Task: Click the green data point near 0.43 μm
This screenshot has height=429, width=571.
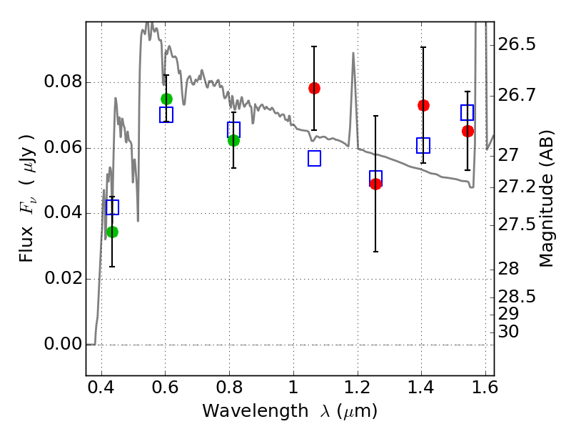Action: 112,232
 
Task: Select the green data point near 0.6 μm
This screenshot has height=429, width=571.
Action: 166,99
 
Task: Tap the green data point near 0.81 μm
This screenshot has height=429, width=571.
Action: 233,140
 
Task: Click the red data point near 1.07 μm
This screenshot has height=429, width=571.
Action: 314,88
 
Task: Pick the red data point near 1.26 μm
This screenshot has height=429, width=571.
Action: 375,184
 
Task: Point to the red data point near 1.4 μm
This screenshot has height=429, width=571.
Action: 423,105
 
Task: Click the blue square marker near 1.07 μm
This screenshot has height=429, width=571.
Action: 314,159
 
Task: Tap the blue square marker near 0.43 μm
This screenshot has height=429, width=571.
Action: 112,207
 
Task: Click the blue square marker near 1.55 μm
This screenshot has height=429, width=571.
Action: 468,112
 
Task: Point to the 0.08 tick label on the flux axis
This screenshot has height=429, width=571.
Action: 63,82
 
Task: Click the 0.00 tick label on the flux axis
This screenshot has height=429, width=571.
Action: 63,345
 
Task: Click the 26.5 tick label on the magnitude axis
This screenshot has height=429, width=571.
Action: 516,45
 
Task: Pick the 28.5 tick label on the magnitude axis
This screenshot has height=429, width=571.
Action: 516,296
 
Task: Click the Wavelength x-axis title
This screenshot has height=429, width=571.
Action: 289,412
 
